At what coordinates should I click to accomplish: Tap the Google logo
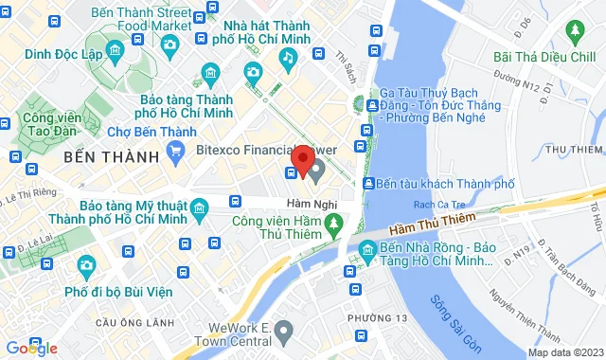pyautogui.click(x=30, y=349)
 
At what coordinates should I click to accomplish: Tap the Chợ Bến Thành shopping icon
pyautogui.click(x=174, y=150)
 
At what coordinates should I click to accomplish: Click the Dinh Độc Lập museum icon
pyautogui.click(x=114, y=50)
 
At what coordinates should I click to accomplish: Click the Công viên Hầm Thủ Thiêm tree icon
pyautogui.click(x=331, y=224)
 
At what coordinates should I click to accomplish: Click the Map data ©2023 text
pyautogui.click(x=565, y=352)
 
